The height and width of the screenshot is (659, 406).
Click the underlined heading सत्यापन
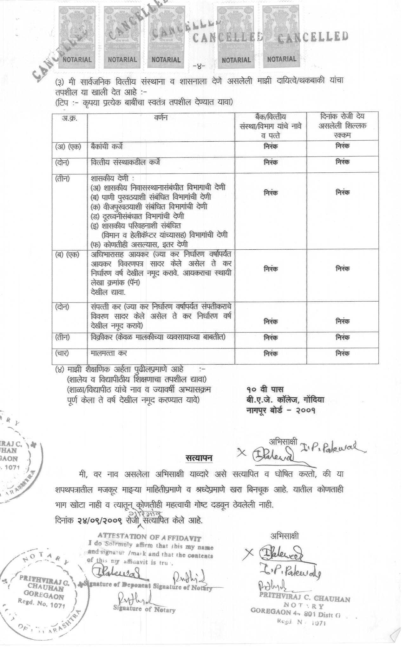(x=199, y=458)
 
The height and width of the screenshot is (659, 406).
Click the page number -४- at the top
(x=199, y=67)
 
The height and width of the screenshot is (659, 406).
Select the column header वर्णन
(x=161, y=118)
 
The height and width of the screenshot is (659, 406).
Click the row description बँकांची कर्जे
(x=107, y=146)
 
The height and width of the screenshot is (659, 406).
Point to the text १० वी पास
(x=265, y=389)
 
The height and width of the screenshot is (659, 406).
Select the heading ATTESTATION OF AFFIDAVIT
(x=149, y=537)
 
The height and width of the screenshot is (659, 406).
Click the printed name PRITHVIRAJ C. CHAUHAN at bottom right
(x=304, y=598)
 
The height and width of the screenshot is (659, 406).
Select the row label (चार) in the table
(x=62, y=353)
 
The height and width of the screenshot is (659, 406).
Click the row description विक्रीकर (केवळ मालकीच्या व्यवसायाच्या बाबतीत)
(x=158, y=337)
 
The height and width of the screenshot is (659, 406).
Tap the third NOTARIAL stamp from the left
(x=166, y=60)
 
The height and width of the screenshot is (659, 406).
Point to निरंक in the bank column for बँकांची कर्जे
(x=271, y=147)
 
